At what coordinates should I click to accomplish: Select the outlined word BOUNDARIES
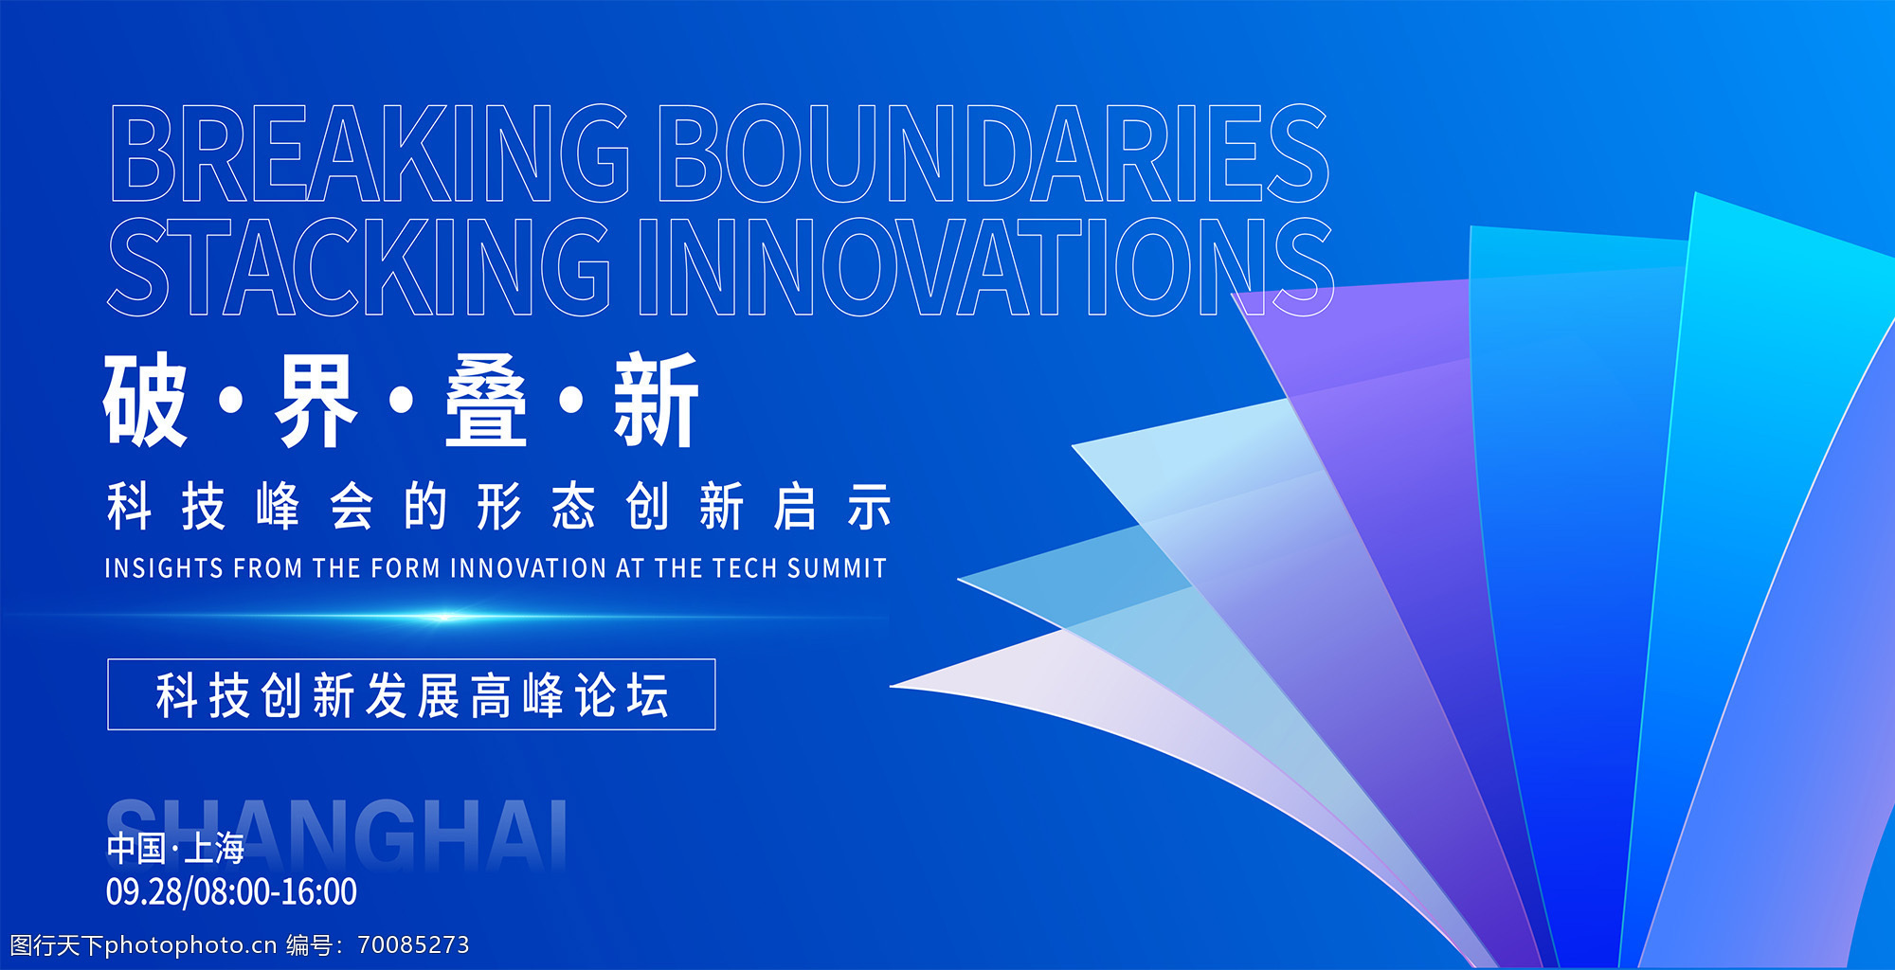point(994,153)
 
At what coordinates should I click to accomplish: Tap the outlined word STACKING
point(358,266)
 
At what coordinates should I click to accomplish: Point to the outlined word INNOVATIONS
point(986,266)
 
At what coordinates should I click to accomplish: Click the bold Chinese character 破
point(145,399)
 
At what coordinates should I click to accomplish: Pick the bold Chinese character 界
point(316,399)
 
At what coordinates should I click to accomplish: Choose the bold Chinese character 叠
point(486,399)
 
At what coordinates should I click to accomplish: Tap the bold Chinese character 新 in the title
point(656,399)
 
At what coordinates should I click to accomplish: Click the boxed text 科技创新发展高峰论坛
point(412,695)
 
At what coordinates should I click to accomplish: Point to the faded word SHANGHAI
point(336,834)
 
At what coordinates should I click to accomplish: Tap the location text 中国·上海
point(175,848)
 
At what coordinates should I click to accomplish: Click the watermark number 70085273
point(413,944)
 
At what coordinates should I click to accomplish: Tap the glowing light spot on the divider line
point(443,617)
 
